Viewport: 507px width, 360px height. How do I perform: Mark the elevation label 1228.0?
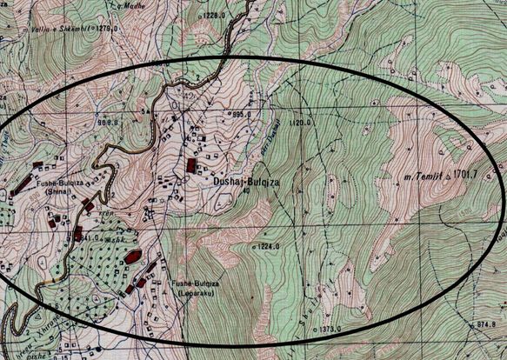[x=213, y=15]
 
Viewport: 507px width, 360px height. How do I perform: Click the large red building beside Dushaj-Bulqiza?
[x=191, y=165]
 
